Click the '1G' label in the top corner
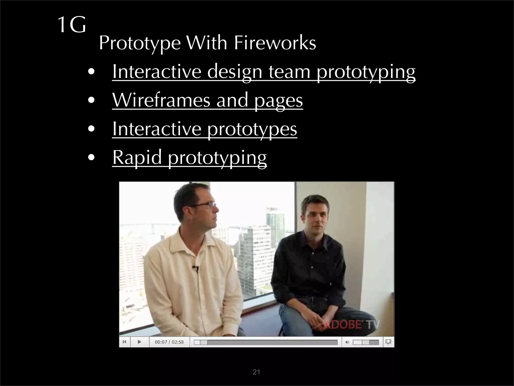tap(72, 25)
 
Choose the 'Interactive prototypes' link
tap(205, 129)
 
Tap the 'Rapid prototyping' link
tap(189, 157)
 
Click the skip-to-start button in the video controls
tap(124, 342)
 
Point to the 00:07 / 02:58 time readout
tap(169, 342)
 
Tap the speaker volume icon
tap(347, 342)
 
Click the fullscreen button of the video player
tap(388, 342)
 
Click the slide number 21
tap(256, 372)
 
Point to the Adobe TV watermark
tap(351, 325)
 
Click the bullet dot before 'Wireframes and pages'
tap(91, 101)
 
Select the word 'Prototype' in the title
tap(140, 43)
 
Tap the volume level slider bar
tap(366, 342)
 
